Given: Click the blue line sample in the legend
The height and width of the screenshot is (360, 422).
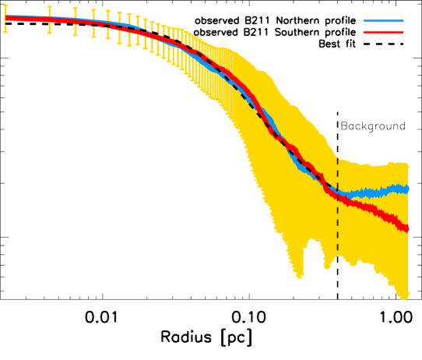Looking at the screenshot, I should [383, 21].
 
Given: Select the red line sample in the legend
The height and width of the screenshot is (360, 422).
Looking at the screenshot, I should [383, 33].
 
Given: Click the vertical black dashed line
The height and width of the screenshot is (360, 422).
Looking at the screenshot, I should [337, 210].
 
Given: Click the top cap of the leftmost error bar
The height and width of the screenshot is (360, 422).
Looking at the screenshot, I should [5, 6].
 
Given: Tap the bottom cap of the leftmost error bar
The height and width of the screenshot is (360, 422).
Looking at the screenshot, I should [5, 32].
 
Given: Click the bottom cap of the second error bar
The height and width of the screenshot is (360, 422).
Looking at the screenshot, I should [49, 33].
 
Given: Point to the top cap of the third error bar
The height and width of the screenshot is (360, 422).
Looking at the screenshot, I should [76, 9].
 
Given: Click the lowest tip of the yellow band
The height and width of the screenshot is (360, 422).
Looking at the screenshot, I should [403, 298].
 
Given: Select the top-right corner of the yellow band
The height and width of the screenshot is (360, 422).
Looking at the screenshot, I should [406, 164].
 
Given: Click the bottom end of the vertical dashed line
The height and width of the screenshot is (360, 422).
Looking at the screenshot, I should [337, 254].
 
